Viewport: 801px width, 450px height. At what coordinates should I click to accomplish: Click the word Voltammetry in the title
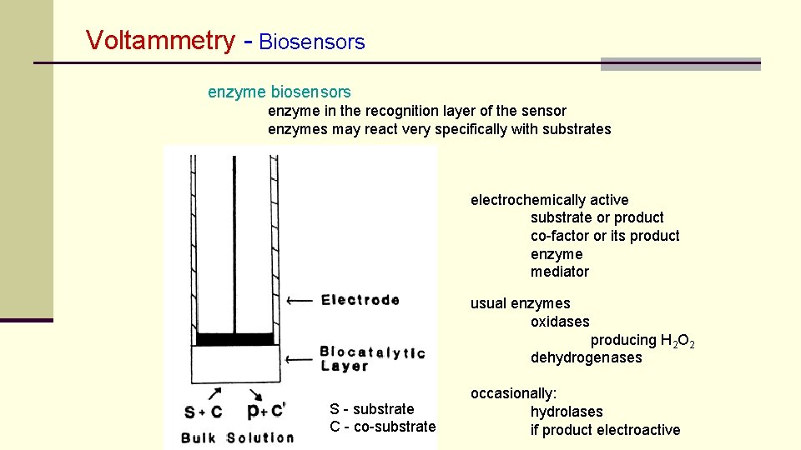click(161, 40)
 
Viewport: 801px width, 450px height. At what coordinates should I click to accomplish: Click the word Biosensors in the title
click(312, 42)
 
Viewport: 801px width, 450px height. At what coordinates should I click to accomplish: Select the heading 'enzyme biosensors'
click(280, 92)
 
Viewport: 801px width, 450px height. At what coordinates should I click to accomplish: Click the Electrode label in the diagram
click(360, 300)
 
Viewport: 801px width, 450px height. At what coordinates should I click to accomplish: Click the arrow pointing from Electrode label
click(300, 300)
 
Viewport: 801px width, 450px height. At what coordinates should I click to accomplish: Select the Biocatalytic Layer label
click(372, 359)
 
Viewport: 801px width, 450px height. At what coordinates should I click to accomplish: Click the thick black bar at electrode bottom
click(234, 339)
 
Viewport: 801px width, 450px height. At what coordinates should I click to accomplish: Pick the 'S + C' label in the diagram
click(204, 411)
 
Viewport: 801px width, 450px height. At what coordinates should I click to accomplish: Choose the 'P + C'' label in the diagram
click(266, 411)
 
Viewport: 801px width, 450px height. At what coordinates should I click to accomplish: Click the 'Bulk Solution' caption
click(238, 437)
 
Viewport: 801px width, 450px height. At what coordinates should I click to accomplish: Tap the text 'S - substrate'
click(372, 409)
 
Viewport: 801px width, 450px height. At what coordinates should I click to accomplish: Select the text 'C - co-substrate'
click(383, 427)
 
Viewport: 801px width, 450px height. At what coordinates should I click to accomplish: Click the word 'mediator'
click(560, 272)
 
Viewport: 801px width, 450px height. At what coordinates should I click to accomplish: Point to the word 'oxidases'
click(560, 322)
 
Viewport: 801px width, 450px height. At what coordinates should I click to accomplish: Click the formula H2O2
click(678, 341)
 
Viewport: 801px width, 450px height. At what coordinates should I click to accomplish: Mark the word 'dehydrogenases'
click(587, 357)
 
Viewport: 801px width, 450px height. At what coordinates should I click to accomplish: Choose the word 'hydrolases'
click(567, 412)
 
